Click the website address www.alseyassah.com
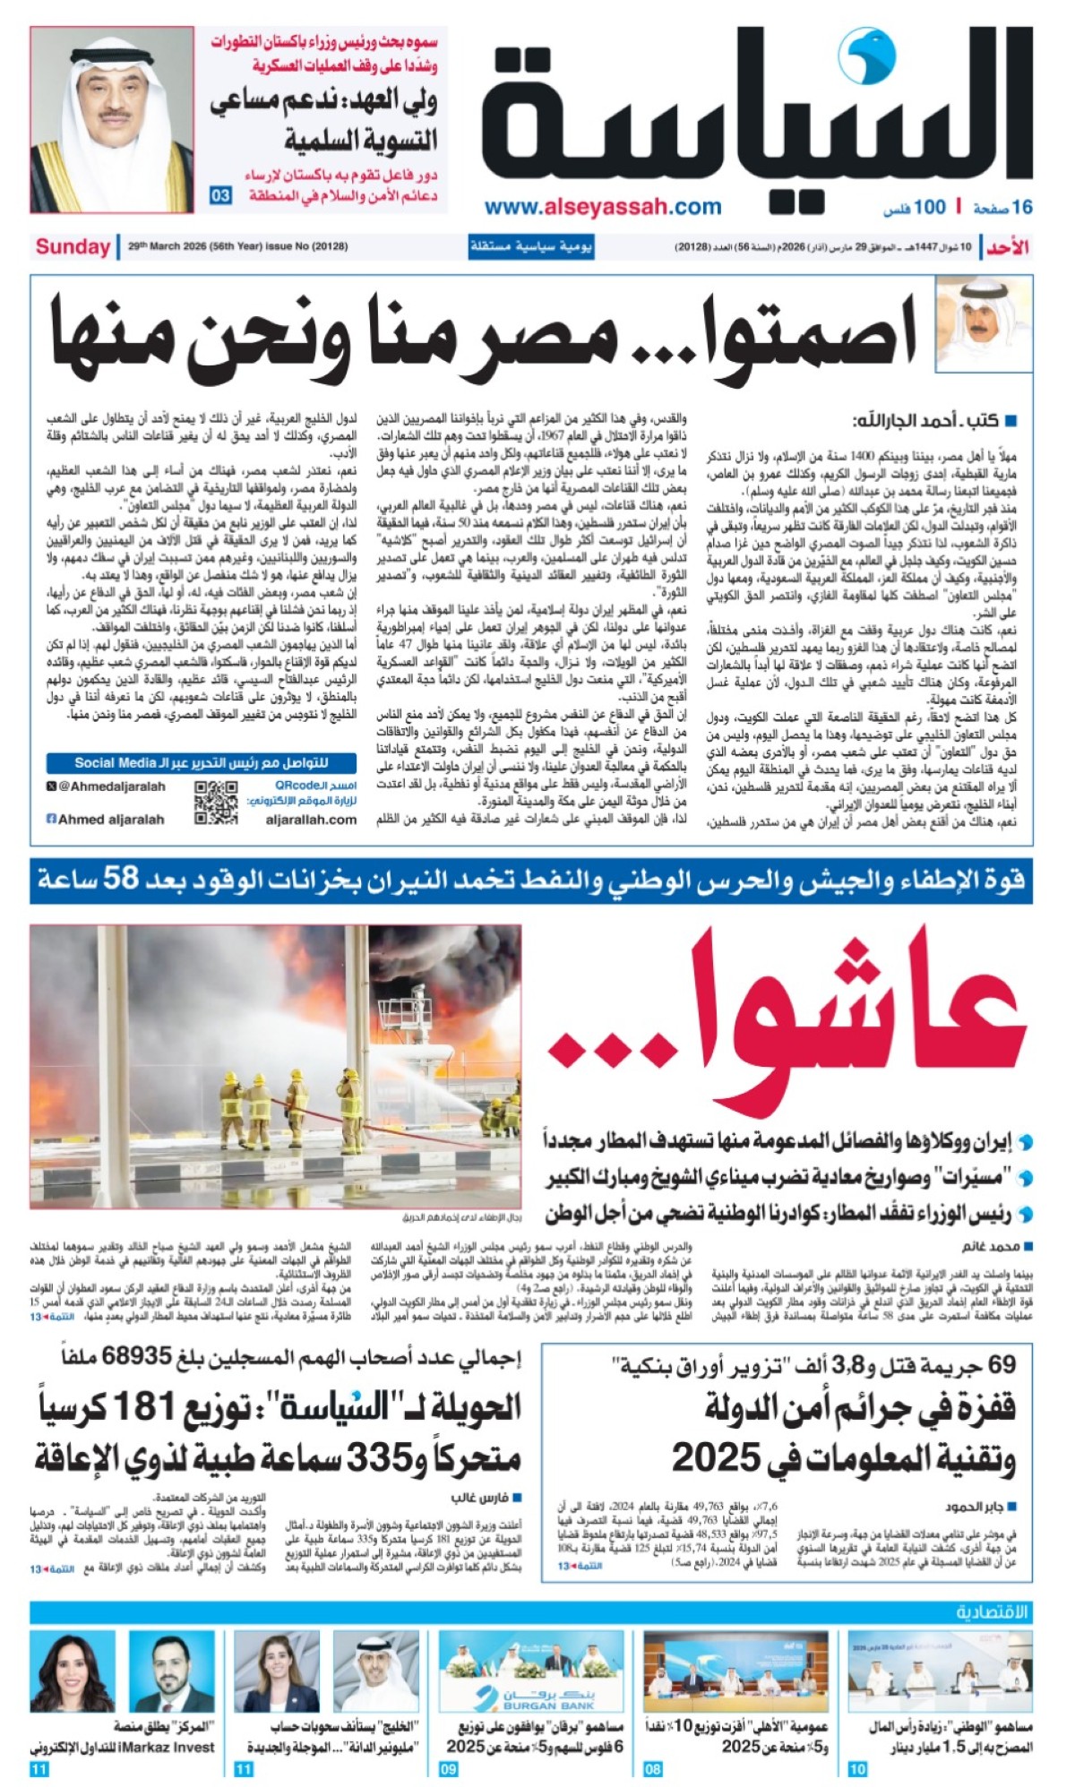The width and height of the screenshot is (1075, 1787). [603, 207]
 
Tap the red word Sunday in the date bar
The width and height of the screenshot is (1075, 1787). [73, 246]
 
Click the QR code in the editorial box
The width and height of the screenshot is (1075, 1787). [216, 803]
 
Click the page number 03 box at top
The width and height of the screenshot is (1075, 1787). [220, 195]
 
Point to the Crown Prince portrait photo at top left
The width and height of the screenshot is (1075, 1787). [112, 120]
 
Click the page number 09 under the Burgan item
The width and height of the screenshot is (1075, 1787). [448, 1769]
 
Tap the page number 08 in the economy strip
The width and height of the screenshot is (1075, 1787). [652, 1769]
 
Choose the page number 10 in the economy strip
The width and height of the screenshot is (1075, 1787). [857, 1769]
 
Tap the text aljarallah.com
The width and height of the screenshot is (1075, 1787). [311, 819]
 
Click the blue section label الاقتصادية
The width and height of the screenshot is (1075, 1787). [992, 1612]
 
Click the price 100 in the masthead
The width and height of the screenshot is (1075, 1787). [929, 208]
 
